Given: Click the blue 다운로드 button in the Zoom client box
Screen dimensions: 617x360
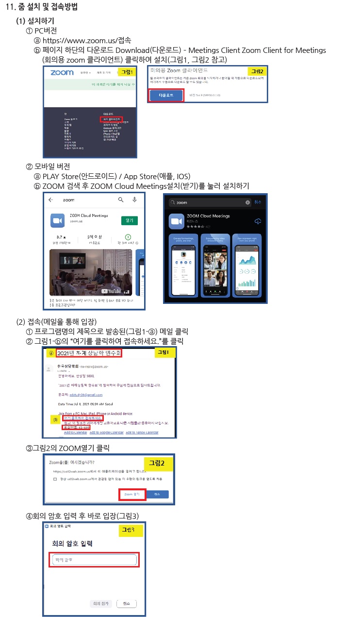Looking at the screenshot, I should [x=166, y=95].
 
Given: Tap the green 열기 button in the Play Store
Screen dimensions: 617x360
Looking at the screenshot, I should [x=130, y=220].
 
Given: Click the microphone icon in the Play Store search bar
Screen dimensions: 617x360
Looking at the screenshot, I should [x=134, y=200].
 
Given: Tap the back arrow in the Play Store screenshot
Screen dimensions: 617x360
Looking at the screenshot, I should [x=51, y=200].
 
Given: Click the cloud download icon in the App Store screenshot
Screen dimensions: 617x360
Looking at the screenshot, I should [x=258, y=221].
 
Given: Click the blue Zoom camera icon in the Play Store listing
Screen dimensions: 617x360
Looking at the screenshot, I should [x=58, y=220].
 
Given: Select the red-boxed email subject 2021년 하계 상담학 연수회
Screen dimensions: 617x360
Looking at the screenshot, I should [x=89, y=353].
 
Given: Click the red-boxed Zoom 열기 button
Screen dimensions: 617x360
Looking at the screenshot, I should [x=132, y=494].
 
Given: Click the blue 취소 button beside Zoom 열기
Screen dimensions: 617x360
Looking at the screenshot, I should [x=157, y=494].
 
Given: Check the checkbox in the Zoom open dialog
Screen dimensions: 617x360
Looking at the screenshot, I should [x=55, y=479].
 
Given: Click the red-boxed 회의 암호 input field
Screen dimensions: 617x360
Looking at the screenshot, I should [x=94, y=560].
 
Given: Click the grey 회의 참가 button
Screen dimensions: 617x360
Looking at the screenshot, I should [x=101, y=603].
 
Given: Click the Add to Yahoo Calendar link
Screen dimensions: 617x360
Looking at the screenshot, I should [x=146, y=432].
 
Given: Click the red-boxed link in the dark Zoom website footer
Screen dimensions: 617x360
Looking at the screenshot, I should [x=111, y=118].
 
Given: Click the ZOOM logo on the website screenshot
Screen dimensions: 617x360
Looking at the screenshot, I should [x=62, y=72].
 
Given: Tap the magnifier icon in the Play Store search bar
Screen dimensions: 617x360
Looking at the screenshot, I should [x=121, y=200].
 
